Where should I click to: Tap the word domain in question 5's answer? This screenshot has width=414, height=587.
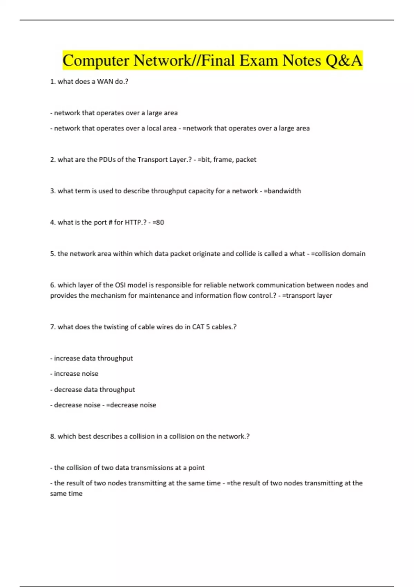[x=354, y=254]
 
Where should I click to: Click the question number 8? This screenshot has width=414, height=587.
[x=52, y=436]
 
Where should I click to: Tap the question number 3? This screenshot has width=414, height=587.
[x=52, y=191]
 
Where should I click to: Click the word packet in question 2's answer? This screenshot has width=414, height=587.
[x=246, y=160]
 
